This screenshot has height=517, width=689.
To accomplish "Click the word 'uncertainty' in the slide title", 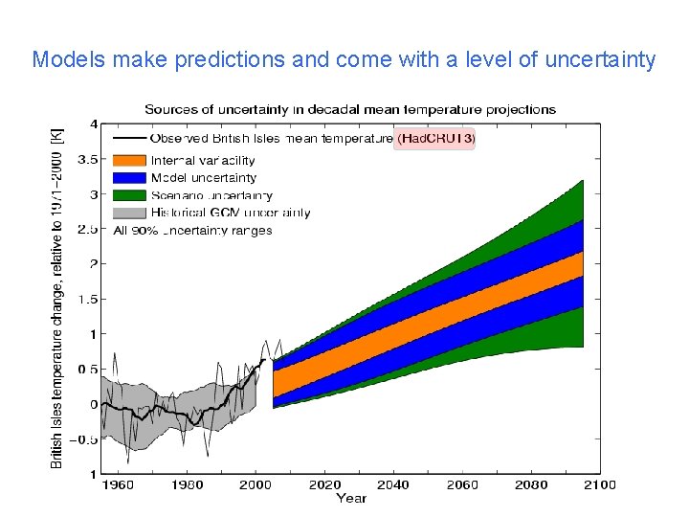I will coord(600,60).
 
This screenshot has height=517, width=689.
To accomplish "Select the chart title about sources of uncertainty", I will coord(350,109).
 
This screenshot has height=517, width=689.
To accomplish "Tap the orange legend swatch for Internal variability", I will coord(129,161).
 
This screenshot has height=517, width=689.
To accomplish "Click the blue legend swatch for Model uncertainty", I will coord(129,178).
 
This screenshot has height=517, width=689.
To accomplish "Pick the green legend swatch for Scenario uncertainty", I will coord(129,195).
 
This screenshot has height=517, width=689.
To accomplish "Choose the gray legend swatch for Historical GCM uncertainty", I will coord(129,213).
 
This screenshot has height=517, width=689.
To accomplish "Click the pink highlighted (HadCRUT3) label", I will coord(435,139).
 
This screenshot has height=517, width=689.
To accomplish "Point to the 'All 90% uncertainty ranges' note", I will coord(192,230).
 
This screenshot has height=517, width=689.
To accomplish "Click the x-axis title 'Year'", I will coord(350,498).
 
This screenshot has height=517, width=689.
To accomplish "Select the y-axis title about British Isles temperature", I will coord(57,299).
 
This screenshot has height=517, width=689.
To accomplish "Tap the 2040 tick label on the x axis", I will coord(393,484).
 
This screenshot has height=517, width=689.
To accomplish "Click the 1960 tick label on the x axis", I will coord(118,484).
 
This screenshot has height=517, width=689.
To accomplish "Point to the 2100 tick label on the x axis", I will coord(600,484).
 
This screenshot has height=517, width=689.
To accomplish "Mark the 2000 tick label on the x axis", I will coord(256,484).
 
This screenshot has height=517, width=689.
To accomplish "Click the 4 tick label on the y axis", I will coord(93,124).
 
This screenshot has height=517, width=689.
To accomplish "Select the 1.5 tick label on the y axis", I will coord(88,299).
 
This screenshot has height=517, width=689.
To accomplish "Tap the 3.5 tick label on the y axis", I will coord(88,159).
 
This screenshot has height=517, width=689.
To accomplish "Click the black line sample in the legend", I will coord(129,140).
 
